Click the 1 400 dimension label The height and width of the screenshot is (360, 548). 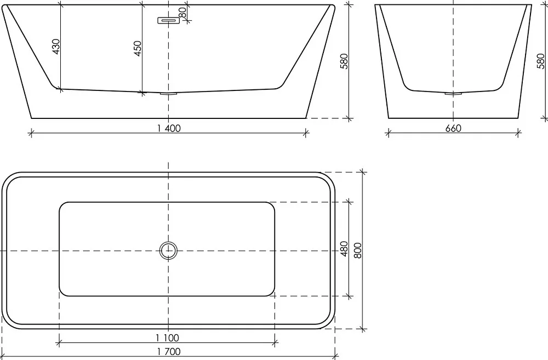[x=169, y=129]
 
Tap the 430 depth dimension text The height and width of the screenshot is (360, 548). [x=56, y=47]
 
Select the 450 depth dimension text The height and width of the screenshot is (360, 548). [x=138, y=49]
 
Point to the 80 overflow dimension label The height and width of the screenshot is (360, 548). [x=182, y=13]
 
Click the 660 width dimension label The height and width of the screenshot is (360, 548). [x=453, y=129]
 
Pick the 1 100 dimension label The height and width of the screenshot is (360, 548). [x=167, y=338]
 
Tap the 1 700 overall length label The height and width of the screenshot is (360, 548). [x=169, y=352]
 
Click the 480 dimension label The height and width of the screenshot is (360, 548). [x=344, y=249]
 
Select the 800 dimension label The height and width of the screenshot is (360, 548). [x=358, y=250]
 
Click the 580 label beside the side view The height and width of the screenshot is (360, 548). [x=344, y=61]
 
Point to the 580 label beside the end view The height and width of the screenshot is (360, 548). [x=541, y=61]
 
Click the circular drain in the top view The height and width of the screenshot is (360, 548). [x=168, y=250]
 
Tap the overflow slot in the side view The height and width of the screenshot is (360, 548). [x=168, y=21]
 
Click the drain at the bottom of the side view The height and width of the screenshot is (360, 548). [x=169, y=94]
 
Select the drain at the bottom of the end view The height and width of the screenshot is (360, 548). [x=453, y=94]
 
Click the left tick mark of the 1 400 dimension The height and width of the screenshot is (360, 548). [x=31, y=133]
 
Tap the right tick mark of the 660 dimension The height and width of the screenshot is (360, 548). [x=518, y=133]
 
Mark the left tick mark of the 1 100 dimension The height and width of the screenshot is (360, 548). [x=59, y=343]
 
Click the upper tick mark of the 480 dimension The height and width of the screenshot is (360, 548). [x=349, y=202]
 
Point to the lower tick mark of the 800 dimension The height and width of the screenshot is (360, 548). [x=362, y=329]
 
